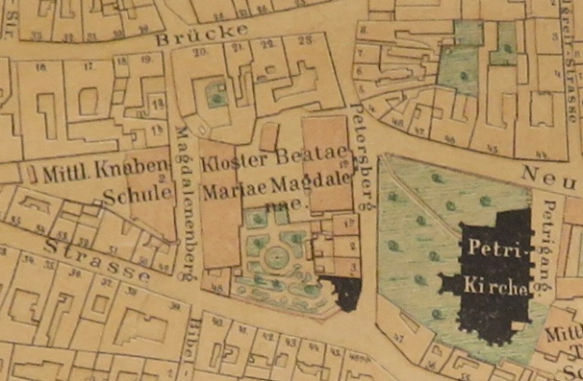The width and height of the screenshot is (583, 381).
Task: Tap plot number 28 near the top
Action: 305,42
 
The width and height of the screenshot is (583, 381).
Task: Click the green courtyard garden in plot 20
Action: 217,95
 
